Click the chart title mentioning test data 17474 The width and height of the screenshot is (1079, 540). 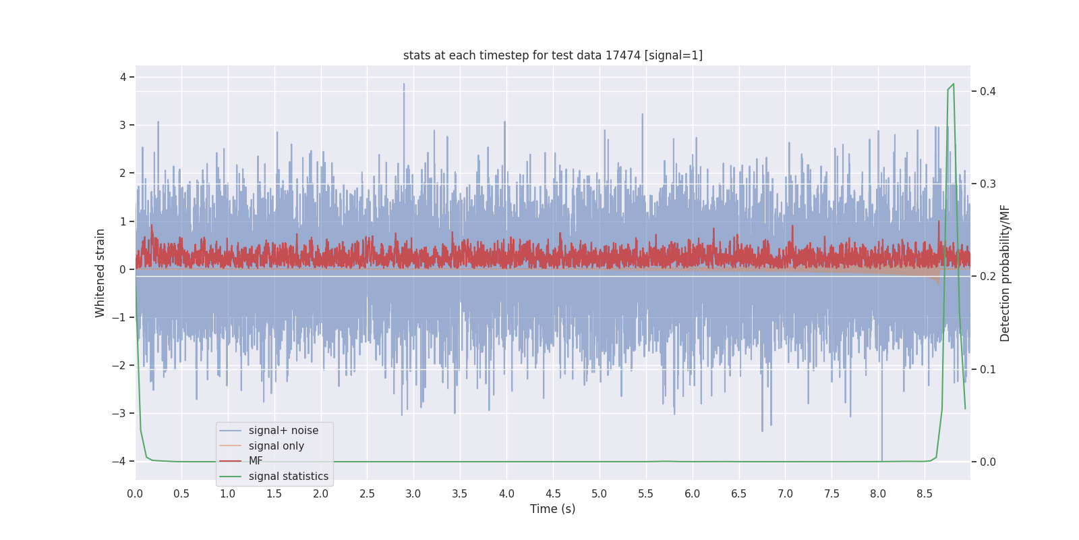point(552,55)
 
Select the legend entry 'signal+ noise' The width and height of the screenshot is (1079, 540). point(283,431)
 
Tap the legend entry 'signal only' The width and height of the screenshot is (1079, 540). point(276,446)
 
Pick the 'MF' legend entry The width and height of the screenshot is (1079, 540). point(256,461)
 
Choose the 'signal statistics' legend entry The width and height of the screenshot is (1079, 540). point(288,477)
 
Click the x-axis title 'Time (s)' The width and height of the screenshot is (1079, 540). point(552,509)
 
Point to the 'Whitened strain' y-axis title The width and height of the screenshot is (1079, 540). point(100,273)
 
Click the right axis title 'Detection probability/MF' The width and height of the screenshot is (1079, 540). point(1005,273)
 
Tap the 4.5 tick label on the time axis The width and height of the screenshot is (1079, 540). point(553,494)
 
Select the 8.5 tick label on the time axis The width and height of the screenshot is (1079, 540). point(925,494)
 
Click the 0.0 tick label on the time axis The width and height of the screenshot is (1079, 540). point(135,494)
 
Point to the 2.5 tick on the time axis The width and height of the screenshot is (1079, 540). point(367,494)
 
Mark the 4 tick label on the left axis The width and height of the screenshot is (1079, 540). point(123,77)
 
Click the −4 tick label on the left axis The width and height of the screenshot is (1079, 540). point(119,462)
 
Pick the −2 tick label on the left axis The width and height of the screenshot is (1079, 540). point(119,366)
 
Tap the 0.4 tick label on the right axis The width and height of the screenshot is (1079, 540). point(988,92)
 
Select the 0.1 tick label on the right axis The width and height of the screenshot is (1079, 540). point(988,370)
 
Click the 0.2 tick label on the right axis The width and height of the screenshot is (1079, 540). point(988,277)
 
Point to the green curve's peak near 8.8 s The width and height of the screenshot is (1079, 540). point(953,84)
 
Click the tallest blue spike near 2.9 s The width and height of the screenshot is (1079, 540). point(404,84)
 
